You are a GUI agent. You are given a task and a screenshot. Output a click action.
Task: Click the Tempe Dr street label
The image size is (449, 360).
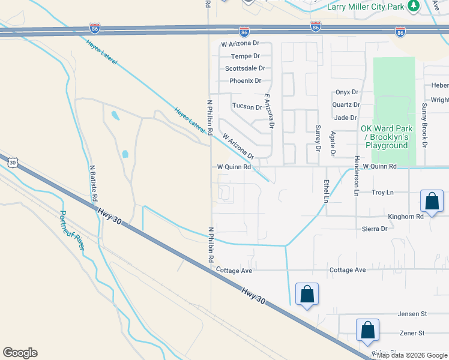[x=241, y=56]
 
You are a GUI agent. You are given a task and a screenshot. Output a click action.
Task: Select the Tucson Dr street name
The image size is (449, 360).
[x=247, y=107]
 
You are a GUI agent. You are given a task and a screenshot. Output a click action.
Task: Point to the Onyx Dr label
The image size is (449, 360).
[x=347, y=92]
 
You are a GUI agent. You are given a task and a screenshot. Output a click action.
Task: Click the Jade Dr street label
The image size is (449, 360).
[x=346, y=118]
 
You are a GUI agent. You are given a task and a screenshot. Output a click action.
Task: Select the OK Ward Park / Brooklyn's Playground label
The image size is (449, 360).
[x=384, y=137]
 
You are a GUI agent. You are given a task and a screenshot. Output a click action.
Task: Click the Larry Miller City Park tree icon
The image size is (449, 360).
[x=413, y=6]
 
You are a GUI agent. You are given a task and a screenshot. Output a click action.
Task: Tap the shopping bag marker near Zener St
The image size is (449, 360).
[x=367, y=331]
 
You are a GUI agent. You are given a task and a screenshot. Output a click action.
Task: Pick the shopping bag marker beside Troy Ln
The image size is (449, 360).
[x=432, y=202]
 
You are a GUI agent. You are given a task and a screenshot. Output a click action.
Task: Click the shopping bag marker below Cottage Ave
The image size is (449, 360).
[x=307, y=295]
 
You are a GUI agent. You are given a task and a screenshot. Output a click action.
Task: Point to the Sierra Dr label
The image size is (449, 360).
[x=375, y=229]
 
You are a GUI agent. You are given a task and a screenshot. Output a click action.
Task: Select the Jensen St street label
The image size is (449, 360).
[x=412, y=314]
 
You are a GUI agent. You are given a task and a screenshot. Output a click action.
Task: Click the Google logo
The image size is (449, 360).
[x=20, y=353]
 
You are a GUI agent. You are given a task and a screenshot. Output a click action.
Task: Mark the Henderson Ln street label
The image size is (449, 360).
[x=356, y=176]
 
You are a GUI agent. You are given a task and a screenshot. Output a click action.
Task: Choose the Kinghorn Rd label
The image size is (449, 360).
[x=406, y=216]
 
